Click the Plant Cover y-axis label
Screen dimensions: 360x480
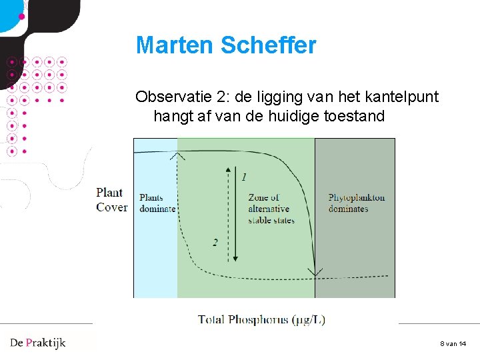point(111,200)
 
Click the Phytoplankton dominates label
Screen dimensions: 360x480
point(356,203)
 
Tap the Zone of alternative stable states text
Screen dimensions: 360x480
point(271,209)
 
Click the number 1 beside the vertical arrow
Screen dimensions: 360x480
point(244,177)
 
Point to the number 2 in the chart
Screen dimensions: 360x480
point(215,243)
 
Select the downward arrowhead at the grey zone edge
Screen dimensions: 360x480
point(315,273)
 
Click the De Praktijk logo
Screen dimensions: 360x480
point(38,343)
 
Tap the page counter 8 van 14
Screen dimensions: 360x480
point(453,343)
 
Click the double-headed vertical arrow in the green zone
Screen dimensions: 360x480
point(233,213)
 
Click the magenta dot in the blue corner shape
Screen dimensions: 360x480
point(21,15)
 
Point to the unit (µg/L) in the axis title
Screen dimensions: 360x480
point(309,319)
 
